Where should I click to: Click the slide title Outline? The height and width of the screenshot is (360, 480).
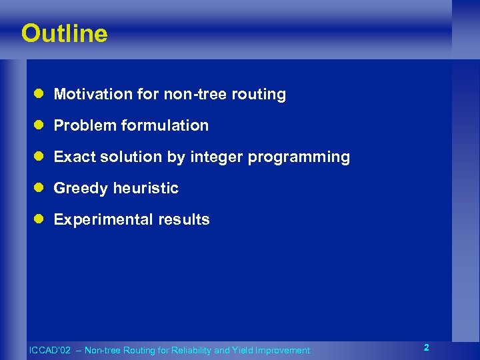pos(64,33)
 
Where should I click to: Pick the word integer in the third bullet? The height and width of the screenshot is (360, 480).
pos(217,157)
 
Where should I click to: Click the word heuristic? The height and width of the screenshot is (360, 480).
pos(145,188)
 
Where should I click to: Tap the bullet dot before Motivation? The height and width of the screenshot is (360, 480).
pos(40,95)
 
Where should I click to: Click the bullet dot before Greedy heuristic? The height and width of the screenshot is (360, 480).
pos(40,189)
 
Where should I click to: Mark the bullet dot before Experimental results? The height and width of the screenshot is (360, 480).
pos(40,220)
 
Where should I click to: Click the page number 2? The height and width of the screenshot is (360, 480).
pos(426,347)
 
